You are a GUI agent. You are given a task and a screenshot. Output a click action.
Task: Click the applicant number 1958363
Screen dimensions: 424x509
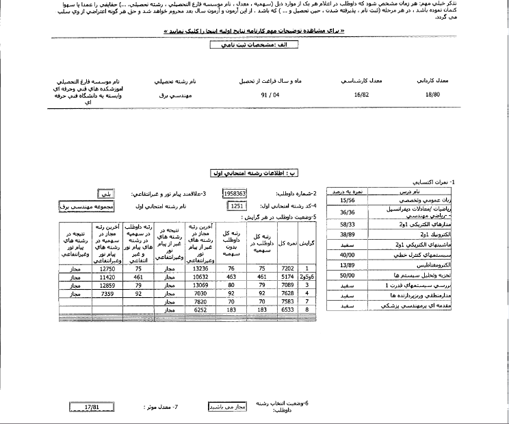[235, 194]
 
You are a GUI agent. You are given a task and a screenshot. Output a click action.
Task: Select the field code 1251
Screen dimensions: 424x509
[237, 205]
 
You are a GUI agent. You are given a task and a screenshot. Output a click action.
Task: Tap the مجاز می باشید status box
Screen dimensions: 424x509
[226, 406]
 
